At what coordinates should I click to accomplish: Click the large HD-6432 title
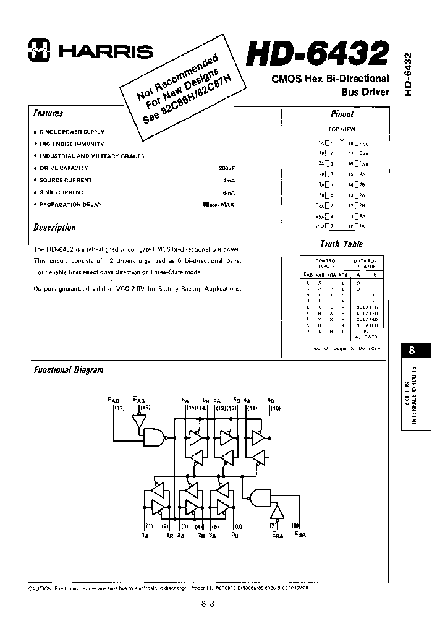click(x=318, y=54)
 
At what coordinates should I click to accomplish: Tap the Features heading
click(x=48, y=114)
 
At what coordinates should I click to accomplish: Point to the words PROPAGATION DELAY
click(x=70, y=205)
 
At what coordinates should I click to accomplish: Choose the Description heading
click(x=54, y=228)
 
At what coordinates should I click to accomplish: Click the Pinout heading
click(x=342, y=114)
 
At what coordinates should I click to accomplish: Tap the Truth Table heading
click(x=341, y=244)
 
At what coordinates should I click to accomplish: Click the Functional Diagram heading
click(x=68, y=370)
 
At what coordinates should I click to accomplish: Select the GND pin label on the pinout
click(x=319, y=226)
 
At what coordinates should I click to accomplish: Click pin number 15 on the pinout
click(x=350, y=174)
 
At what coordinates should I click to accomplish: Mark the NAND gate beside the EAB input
click(x=153, y=439)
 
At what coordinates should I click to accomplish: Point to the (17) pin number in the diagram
click(x=120, y=408)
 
